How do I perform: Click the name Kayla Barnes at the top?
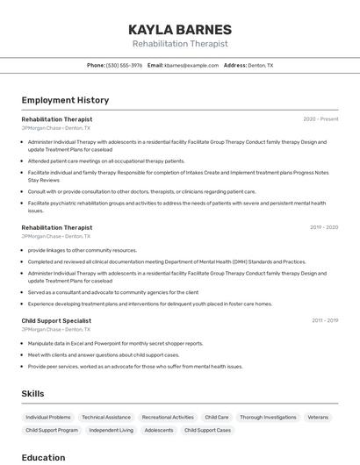[180, 29]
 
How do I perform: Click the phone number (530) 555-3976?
[124, 65]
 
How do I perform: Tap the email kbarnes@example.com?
[191, 65]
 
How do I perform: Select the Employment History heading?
[65, 100]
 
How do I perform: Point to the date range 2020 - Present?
[320, 119]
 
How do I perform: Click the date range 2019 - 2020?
[324, 227]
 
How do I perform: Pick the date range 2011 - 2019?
[325, 321]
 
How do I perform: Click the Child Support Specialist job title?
[56, 321]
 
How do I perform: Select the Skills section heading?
[32, 394]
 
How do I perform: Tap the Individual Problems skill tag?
[48, 418]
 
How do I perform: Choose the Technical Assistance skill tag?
[106, 418]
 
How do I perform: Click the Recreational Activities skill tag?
[168, 418]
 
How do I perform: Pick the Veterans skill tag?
[318, 418]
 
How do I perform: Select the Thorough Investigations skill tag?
[268, 418]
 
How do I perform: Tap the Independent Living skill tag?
[112, 431]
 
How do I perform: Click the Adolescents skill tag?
[159, 431]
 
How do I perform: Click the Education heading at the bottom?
[43, 457]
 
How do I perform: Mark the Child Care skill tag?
[217, 418]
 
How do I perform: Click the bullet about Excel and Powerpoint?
[115, 344]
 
